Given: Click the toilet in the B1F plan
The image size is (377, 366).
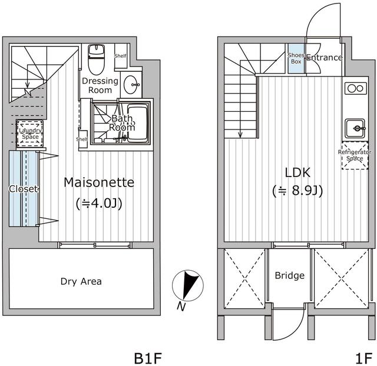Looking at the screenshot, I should pyautogui.click(x=95, y=58).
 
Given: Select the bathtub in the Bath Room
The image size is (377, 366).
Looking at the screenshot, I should pyautogui.click(x=136, y=121).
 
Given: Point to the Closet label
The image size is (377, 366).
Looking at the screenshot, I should pyautogui.click(x=24, y=189).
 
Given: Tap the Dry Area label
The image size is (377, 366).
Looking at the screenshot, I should pyautogui.click(x=81, y=281).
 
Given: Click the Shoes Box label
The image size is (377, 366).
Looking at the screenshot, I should pyautogui.click(x=296, y=58).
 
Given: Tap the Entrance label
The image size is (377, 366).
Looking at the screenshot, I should pyautogui.click(x=324, y=58).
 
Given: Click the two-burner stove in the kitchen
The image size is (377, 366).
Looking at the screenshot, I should pyautogui.click(x=355, y=88).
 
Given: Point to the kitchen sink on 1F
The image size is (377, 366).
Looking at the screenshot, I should pyautogui.click(x=355, y=127).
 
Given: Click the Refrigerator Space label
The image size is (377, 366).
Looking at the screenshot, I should pyautogui.click(x=355, y=155).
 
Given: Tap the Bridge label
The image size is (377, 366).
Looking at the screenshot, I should pyautogui.click(x=290, y=275).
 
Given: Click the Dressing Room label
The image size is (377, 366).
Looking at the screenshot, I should pyautogui.click(x=100, y=85).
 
